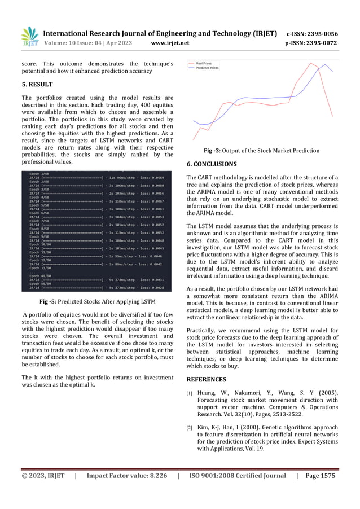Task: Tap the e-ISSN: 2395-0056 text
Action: (313, 33)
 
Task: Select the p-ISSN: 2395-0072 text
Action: (312, 42)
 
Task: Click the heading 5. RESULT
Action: (37, 85)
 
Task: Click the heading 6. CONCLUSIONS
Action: (212, 164)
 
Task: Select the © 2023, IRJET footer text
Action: (43, 476)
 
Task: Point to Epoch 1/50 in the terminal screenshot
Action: (39, 174)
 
